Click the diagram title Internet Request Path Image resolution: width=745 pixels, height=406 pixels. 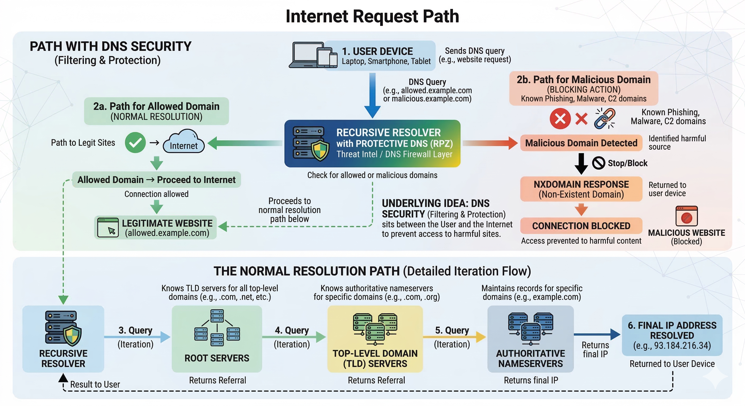click(x=372, y=16)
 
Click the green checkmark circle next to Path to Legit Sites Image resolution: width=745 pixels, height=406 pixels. click(x=135, y=142)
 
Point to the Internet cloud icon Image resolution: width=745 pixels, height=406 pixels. click(x=184, y=142)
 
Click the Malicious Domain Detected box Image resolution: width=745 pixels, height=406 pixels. click(x=581, y=143)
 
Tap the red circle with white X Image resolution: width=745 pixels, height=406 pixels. click(x=560, y=118)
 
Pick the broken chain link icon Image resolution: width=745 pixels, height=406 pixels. click(x=605, y=118)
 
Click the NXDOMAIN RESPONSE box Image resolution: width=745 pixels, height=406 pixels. click(x=581, y=189)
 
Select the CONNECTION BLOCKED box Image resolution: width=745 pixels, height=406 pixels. click(x=581, y=226)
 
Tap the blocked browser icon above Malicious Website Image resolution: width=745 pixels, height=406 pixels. click(x=686, y=216)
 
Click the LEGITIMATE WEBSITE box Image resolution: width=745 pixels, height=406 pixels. click(x=155, y=227)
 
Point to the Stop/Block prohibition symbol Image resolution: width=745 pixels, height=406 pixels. click(x=598, y=163)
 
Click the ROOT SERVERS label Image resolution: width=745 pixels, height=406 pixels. click(x=217, y=358)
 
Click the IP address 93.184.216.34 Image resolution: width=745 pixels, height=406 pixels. click(x=672, y=345)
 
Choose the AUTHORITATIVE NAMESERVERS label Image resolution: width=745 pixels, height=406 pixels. click(x=530, y=358)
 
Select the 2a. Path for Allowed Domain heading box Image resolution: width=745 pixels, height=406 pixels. click(x=156, y=111)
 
